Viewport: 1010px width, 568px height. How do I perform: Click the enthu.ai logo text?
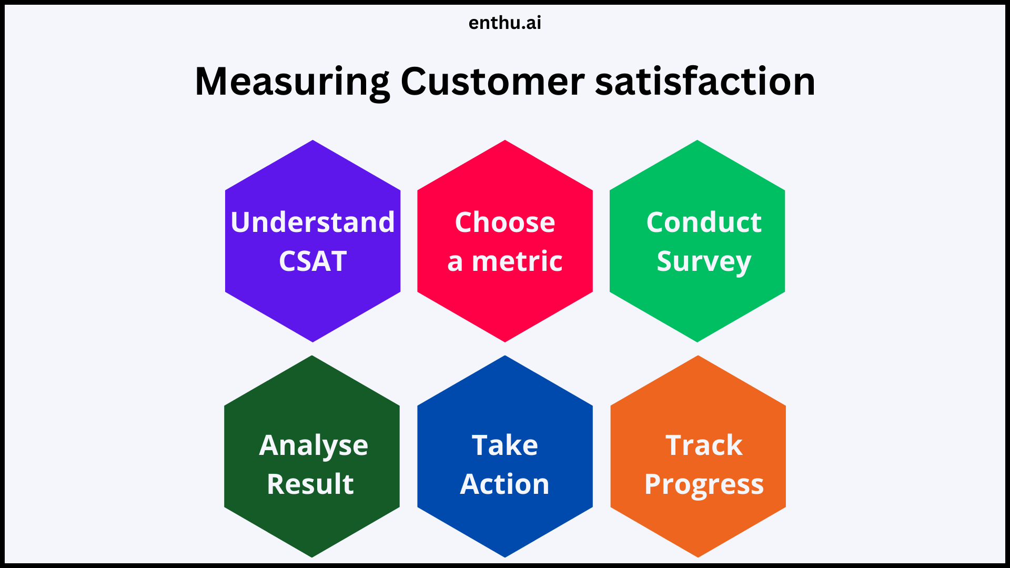tap(504, 23)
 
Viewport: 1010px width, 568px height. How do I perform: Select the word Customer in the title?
tap(492, 82)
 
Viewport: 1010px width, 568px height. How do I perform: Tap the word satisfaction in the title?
tap(705, 82)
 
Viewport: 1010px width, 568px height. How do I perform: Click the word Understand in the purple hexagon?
tap(312, 222)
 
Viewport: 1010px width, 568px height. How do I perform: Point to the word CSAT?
tap(312, 261)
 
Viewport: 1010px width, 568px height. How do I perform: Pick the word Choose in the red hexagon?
tap(505, 222)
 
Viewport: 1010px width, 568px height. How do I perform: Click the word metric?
tap(517, 261)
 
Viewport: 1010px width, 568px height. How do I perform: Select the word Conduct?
tap(704, 222)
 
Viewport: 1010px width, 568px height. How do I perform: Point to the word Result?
tap(310, 484)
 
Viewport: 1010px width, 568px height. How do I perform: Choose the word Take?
tap(505, 445)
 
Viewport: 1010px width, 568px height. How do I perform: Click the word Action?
tap(505, 484)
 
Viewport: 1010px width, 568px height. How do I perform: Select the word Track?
tap(704, 445)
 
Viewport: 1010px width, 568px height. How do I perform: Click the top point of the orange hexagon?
tap(698, 356)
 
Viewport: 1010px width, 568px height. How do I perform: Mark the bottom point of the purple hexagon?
tap(313, 342)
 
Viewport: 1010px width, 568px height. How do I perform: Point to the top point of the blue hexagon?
tap(505, 356)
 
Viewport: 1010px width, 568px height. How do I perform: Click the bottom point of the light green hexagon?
tap(698, 342)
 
